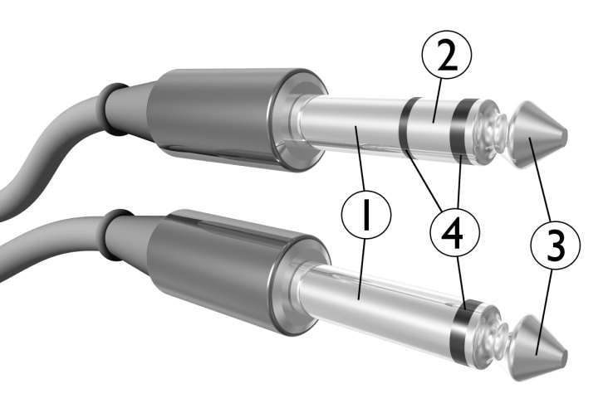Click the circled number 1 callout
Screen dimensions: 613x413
coord(366,214)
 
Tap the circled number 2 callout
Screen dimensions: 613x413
coord(447,55)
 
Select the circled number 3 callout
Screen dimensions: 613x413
coord(555,245)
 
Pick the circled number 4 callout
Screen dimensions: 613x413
coord(454,233)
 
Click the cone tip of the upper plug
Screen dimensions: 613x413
coord(537,135)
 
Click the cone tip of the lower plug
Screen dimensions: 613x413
coord(538,347)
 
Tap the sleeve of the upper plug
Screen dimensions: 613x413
coord(352,124)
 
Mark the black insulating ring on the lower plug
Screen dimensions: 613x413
coord(464,330)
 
